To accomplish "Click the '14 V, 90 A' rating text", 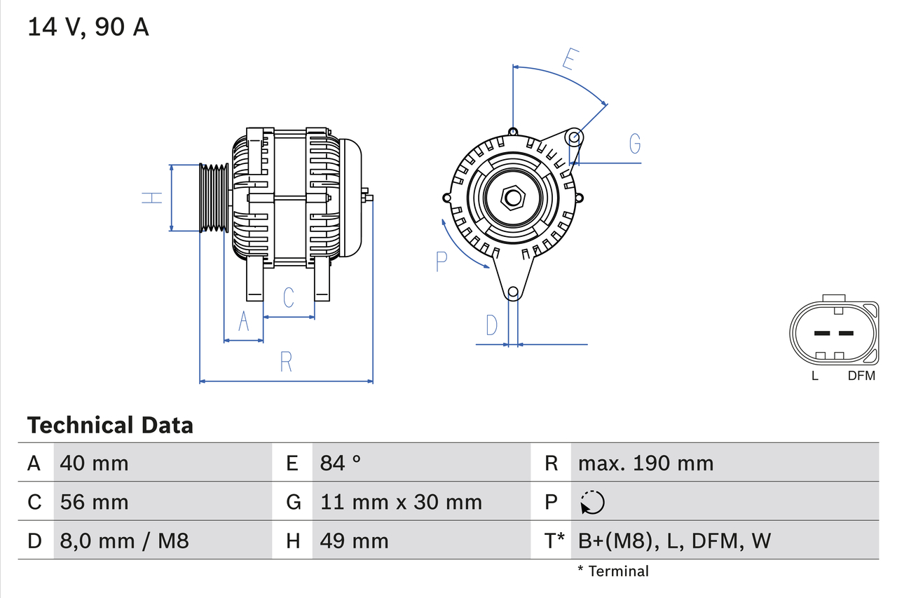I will pos(88,27).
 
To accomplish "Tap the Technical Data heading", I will pos(110,425).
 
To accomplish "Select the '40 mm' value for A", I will pos(95,463).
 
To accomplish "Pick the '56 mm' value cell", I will pos(95,502).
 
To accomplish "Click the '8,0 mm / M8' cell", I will pos(124,541).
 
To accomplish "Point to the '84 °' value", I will pos(341,463).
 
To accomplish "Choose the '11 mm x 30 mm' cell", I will pos(401,502).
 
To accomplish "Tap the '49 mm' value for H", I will pos(354,541).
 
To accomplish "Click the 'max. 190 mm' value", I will pos(645,463).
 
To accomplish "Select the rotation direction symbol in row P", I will pos(592,502).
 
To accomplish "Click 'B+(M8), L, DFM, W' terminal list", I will pos(674,541).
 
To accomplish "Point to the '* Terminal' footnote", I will pos(613,571).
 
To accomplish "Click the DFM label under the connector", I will pos(861,376).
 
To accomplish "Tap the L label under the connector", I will pos(814,376).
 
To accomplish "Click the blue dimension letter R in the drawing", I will pos(286,362).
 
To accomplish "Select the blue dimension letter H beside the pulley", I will pos(152,198).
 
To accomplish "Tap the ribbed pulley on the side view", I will pos(214,198).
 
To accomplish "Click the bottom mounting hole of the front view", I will pos(513,292).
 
